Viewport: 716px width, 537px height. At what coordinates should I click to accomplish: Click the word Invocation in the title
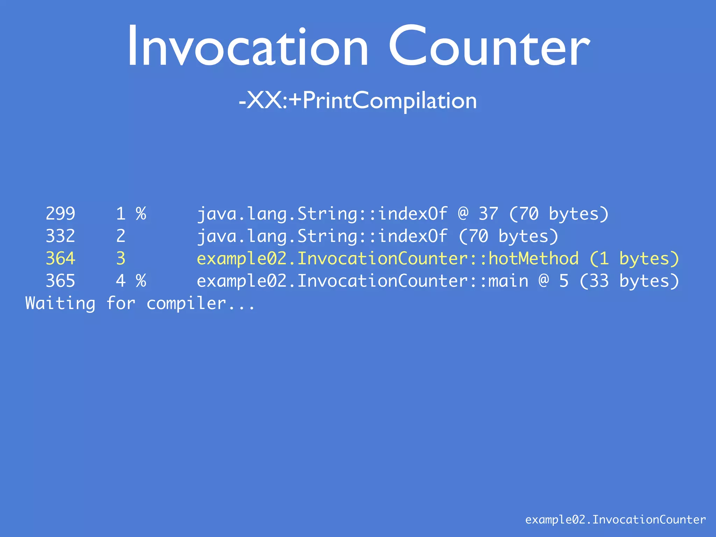click(x=248, y=46)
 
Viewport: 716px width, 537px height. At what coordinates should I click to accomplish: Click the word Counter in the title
click(x=489, y=46)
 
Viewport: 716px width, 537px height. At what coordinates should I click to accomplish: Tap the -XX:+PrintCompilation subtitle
click(x=358, y=101)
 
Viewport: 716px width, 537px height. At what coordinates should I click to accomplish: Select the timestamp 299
click(x=60, y=214)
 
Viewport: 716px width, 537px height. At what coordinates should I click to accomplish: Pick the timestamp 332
click(x=60, y=236)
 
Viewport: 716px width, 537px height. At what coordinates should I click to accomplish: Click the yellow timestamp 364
click(x=60, y=258)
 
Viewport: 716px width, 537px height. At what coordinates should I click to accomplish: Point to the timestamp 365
click(x=60, y=281)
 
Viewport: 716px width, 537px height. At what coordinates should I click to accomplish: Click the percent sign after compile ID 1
click(x=141, y=214)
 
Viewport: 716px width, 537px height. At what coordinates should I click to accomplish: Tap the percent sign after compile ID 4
click(x=141, y=281)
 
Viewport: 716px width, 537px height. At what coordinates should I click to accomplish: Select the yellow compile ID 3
click(x=121, y=258)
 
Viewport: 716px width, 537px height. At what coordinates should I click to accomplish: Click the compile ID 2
click(x=121, y=236)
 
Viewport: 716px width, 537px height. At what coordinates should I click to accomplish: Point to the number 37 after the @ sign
click(x=488, y=214)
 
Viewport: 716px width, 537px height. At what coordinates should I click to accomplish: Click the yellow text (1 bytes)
click(x=634, y=259)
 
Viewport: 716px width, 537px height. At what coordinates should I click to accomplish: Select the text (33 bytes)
click(x=629, y=281)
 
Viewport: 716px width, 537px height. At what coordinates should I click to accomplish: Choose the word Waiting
click(x=60, y=303)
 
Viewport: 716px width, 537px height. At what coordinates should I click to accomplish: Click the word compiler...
click(x=186, y=303)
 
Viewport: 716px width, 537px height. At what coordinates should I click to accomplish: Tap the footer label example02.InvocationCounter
click(x=615, y=520)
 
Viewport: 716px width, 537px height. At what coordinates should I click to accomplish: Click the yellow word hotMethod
click(x=533, y=258)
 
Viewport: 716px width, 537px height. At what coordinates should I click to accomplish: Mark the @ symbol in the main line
click(x=544, y=281)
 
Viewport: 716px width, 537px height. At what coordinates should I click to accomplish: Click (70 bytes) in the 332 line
click(x=508, y=236)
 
